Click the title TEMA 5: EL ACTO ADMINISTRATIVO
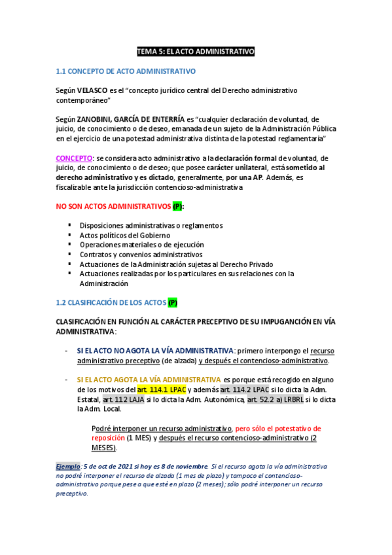196,51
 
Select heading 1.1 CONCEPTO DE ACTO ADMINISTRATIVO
126,71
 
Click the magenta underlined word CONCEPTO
74,158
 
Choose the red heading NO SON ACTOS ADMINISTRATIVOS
113,206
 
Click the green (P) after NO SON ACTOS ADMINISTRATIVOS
177,206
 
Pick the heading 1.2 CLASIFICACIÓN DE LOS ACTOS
111,302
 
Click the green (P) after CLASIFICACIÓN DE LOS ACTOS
172,302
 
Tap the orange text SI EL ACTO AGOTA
149,379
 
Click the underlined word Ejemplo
67,466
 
